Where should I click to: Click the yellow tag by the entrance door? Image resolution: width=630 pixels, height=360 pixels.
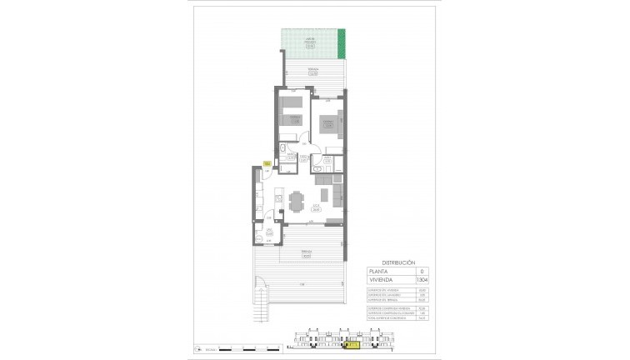[267, 163]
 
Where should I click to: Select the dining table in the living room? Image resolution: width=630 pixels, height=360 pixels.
[297, 201]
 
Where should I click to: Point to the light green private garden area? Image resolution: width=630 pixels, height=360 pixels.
[308, 42]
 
